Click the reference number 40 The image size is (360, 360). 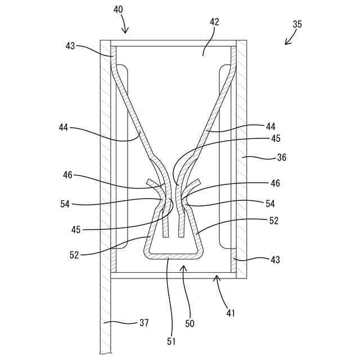point(118,10)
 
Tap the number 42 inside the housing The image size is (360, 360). point(214,22)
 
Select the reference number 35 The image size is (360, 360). point(298,25)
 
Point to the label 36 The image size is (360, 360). point(281,158)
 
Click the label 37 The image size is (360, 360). point(145,322)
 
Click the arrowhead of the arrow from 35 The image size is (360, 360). point(286,44)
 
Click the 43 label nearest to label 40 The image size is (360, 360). point(71,46)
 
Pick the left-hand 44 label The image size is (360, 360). point(63,128)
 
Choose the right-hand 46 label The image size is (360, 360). point(275,183)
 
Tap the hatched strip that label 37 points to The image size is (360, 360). point(105,315)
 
